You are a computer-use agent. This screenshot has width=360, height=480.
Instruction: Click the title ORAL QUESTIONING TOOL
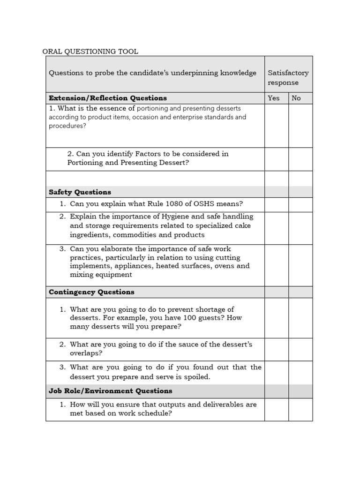[90, 52]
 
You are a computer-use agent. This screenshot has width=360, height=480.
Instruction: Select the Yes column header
[273, 98]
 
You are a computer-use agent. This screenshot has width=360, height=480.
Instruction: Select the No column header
[296, 98]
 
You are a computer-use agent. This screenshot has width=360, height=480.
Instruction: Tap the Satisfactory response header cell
[288, 78]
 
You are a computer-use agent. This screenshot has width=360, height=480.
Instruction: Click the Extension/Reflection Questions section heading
[108, 98]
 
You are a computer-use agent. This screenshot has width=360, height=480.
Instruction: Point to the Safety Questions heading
[80, 192]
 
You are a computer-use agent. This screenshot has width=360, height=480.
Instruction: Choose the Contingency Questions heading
[91, 292]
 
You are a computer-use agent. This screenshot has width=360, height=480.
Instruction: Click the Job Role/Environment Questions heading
[110, 391]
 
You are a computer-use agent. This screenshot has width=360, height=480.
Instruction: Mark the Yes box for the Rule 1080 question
[277, 204]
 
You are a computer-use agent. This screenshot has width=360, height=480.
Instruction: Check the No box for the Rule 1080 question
[300, 204]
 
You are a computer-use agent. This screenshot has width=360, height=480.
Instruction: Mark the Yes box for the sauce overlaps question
[277, 349]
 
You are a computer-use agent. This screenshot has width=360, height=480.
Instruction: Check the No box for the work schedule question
[300, 409]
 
